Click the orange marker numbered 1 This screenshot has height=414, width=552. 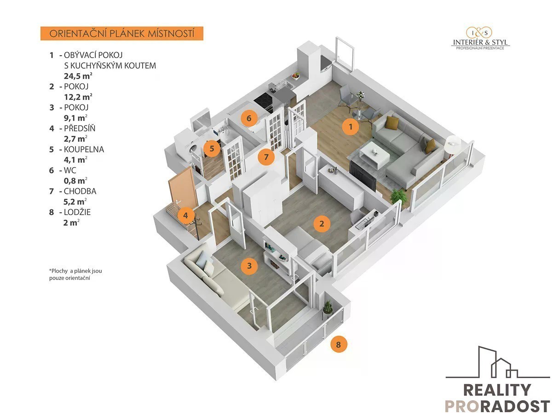pos(351,127)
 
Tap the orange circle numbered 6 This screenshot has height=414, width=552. pos(249,118)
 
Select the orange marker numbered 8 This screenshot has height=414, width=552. pos(339,344)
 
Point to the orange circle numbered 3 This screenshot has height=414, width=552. pos(249,266)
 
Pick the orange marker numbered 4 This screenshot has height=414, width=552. pos(185,215)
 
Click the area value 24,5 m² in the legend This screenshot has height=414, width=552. pos(78,76)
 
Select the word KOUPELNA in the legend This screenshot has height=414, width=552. pos(84,149)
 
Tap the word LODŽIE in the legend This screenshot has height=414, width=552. pos(77,212)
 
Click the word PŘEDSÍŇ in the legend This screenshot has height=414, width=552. pos(80,128)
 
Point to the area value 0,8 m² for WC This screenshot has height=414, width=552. pos(75,181)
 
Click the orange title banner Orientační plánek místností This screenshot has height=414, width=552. pos(122,34)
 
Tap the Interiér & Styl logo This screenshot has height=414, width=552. pos(480,38)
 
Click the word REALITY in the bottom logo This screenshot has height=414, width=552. pos(497,390)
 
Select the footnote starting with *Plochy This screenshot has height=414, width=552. pos(75,274)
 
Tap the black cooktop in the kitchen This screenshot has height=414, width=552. pos(263,101)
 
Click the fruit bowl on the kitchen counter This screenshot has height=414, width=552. pos(296,76)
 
